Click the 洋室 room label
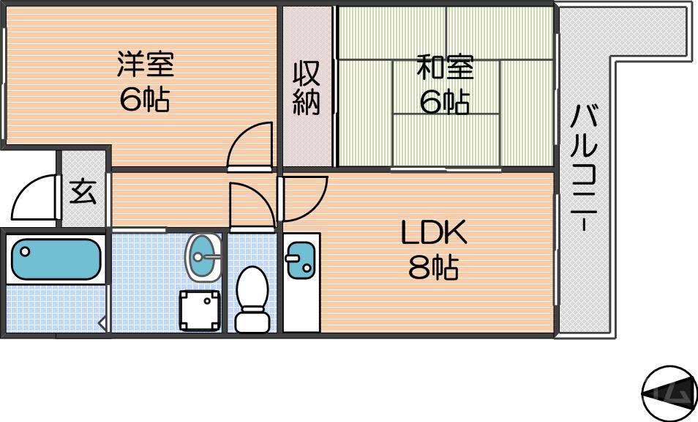coord(146,64)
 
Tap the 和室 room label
coord(445,67)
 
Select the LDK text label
coord(433,234)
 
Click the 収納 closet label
coord(307,89)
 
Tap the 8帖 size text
coord(433,268)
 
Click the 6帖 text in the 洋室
coord(146,100)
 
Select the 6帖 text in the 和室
coord(445,103)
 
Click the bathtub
coord(55,259)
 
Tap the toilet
coord(252,299)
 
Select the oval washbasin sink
coord(203,257)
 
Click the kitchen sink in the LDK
coord(300,260)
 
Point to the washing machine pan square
coord(200,311)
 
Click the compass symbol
coord(668,393)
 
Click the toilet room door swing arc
coord(251,204)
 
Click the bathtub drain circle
coord(26,252)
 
